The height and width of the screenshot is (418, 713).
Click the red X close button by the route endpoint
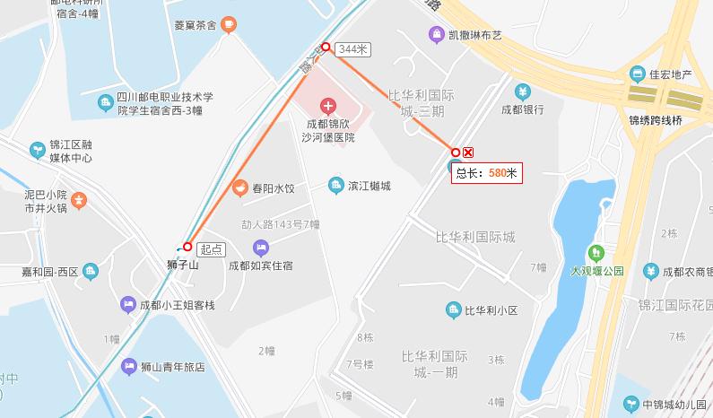[469, 152]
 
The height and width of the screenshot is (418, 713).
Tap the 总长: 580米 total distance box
[487, 172]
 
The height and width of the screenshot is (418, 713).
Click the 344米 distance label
[352, 50]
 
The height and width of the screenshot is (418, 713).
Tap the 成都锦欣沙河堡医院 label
[330, 131]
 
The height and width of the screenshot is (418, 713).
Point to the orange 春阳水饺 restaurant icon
[240, 188]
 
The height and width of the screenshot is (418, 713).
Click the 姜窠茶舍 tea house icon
[230, 25]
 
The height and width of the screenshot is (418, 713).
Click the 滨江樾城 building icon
[336, 185]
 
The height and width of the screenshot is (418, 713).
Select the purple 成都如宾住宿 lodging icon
[261, 248]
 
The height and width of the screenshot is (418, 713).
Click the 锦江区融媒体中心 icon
[37, 149]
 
